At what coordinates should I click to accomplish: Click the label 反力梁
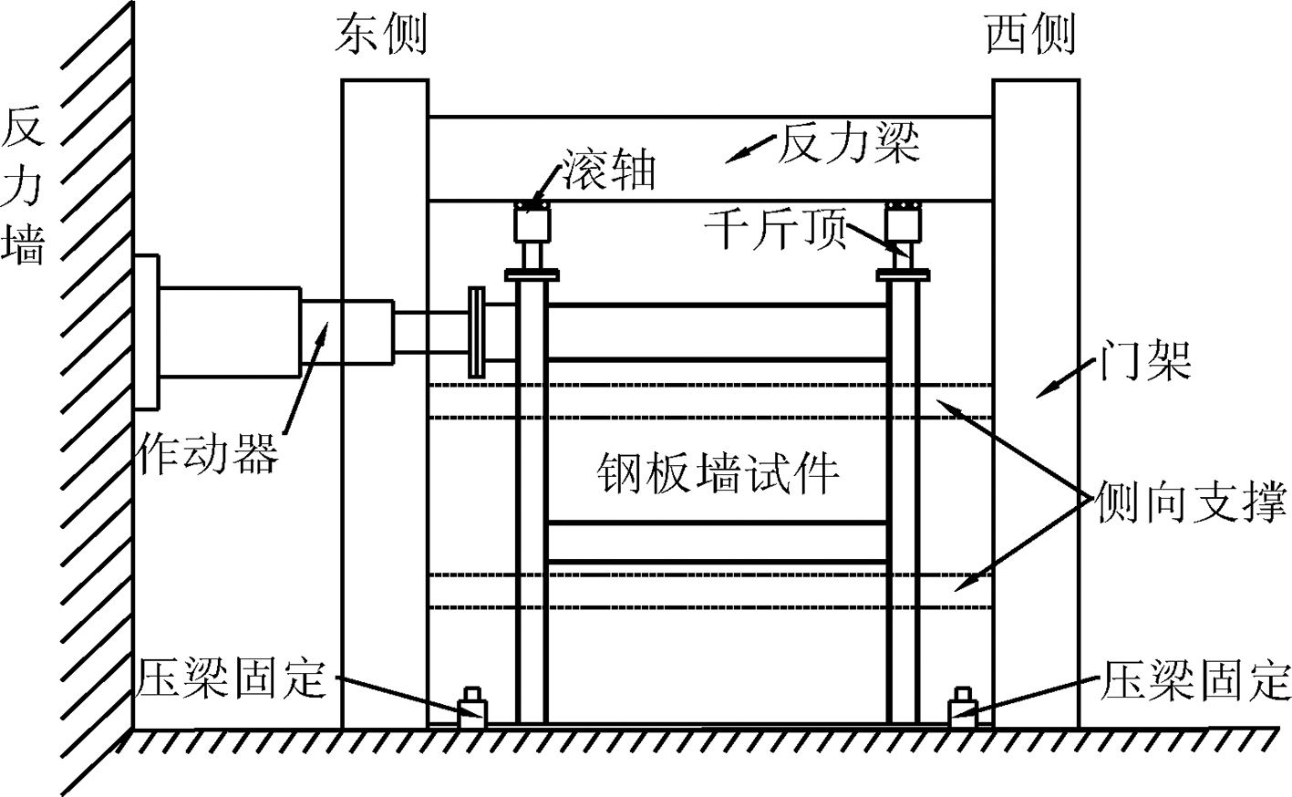pyautogui.click(x=848, y=143)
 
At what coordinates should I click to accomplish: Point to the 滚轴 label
pyautogui.click(x=609, y=169)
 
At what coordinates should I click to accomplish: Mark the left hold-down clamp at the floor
pyautogui.click(x=472, y=708)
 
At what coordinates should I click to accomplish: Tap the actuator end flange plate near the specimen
pyautogui.click(x=476, y=332)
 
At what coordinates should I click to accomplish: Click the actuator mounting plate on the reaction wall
pyautogui.click(x=146, y=332)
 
